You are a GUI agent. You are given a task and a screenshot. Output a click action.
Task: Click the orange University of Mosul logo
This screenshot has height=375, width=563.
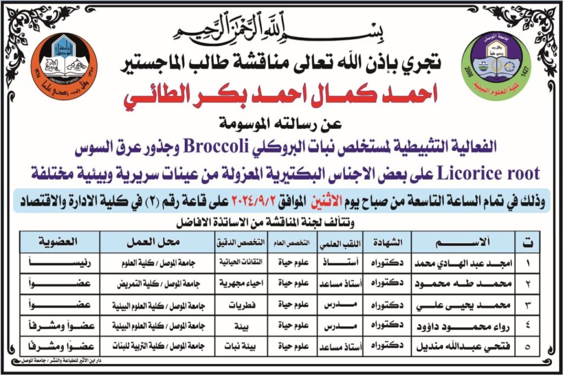point(64,66)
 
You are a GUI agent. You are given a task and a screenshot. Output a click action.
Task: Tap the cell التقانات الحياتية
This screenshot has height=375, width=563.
point(236,263)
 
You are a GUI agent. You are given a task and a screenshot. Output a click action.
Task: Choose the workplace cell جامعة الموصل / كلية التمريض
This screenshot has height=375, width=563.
point(156,284)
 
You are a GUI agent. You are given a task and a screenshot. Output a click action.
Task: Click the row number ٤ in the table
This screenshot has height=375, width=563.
point(527,326)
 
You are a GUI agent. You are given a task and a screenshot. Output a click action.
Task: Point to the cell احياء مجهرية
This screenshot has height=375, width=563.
point(236,284)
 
